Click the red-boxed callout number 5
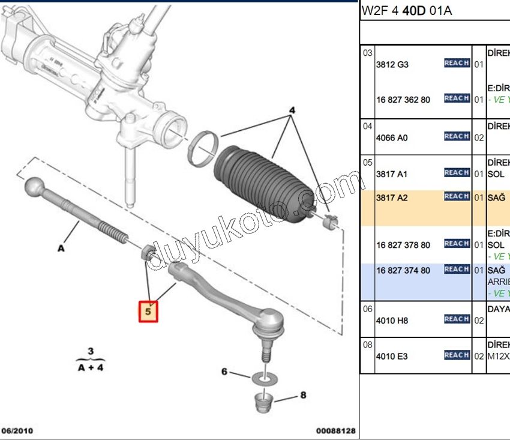tap(148, 312)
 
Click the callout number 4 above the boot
tap(292, 111)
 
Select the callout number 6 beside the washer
tap(224, 372)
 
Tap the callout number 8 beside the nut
tap(303, 395)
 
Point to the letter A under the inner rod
tap(61, 246)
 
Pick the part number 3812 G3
tap(392, 64)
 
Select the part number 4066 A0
tap(392, 137)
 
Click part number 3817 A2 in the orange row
tap(392, 197)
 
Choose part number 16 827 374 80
tap(403, 271)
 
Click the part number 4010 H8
tap(392, 321)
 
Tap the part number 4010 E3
tap(392, 356)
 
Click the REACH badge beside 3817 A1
tap(457, 173)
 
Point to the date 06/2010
tap(17, 431)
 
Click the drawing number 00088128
tap(336, 431)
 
